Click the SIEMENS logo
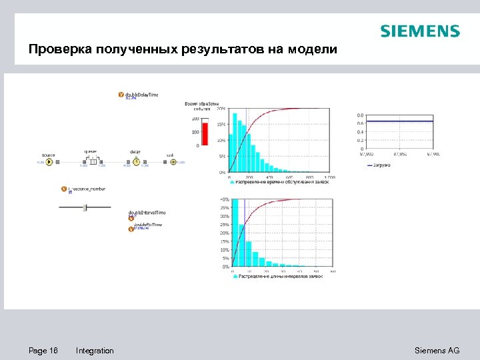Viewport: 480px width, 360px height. click(x=419, y=31)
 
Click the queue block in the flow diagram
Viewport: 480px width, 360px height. click(x=93, y=161)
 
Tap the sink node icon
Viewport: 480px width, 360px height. click(x=173, y=161)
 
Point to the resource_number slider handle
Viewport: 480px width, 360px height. click(x=85, y=208)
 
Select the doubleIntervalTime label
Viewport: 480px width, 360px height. click(x=147, y=213)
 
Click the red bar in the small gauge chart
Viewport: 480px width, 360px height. click(x=205, y=133)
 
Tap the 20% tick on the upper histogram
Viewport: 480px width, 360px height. click(x=221, y=108)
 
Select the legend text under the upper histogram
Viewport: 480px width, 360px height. click(x=280, y=182)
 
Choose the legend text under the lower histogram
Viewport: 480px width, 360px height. click(x=280, y=276)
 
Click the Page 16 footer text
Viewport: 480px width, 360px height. click(x=43, y=351)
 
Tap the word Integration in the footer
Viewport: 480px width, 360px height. click(x=95, y=351)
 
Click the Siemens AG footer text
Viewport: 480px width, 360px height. click(x=437, y=351)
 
